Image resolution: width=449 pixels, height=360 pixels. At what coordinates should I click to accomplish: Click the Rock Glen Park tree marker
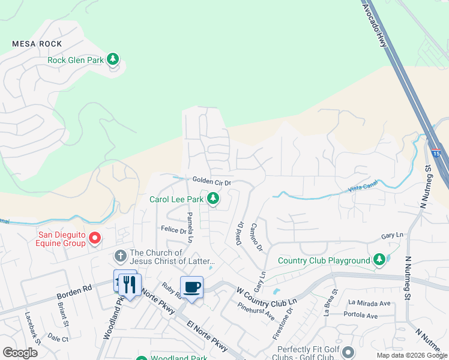113,59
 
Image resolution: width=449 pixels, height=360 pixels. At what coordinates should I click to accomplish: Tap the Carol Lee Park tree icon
212,199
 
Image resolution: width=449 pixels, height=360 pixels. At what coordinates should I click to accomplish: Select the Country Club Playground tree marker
379,260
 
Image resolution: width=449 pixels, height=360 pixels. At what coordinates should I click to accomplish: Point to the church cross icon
119,256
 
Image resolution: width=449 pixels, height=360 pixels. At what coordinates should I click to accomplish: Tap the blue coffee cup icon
191,287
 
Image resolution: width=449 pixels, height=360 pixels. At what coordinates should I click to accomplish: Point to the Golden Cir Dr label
212,181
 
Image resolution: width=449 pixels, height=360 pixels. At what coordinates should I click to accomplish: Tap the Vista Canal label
362,189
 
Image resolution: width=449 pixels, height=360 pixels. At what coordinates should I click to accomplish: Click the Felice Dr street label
173,229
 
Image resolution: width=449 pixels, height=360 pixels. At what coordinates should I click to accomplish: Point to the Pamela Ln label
190,227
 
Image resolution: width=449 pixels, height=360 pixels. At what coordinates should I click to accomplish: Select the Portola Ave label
360,315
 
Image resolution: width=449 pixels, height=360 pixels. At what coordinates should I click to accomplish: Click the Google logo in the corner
20,352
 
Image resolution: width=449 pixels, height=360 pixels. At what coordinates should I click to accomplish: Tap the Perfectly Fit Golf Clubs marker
350,350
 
